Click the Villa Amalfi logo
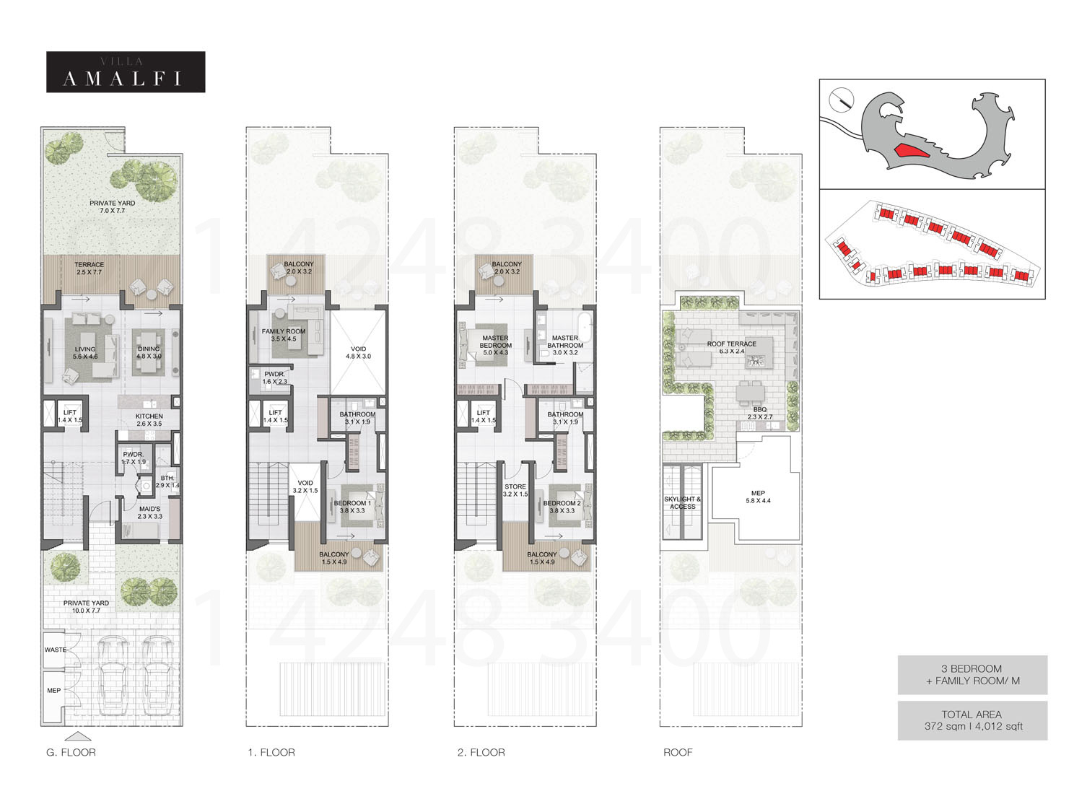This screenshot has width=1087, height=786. [126, 72]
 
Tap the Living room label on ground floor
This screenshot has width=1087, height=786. [85, 353]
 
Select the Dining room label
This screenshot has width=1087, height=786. [149, 352]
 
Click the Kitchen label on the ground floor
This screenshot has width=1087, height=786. [149, 420]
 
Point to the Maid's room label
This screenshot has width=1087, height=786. [149, 512]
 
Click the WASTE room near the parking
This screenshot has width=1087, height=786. [56, 650]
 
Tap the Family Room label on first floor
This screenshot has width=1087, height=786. [284, 335]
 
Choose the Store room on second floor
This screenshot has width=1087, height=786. [515, 491]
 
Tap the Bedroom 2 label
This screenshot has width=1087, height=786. [562, 507]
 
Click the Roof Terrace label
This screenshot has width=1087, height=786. [732, 347]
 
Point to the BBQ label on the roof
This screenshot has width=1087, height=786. [759, 413]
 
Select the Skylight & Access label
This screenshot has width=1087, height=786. [682, 502]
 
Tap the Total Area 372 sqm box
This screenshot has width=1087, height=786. [972, 720]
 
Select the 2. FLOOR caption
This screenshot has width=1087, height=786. [481, 752]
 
